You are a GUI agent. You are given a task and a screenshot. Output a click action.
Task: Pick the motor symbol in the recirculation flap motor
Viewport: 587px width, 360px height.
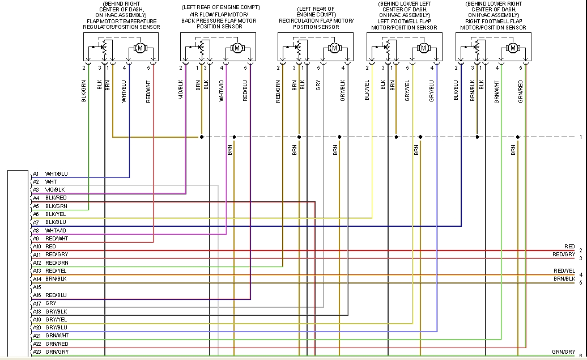click(334, 48)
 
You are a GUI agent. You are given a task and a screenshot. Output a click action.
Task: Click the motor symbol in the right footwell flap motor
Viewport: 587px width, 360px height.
click(513, 48)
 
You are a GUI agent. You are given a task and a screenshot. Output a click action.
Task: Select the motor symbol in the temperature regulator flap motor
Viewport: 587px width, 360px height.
click(139, 48)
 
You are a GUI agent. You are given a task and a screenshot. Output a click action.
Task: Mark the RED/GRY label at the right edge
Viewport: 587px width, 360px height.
click(564, 255)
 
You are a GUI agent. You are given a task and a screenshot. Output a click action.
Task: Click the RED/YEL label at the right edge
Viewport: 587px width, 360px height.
click(564, 271)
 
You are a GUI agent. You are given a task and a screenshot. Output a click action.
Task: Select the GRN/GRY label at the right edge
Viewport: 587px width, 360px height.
click(563, 352)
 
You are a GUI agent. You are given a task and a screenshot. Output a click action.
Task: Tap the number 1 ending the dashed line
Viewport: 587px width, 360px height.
click(580, 137)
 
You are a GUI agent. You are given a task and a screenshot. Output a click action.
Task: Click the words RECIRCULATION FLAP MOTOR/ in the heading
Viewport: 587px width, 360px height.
click(316, 20)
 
